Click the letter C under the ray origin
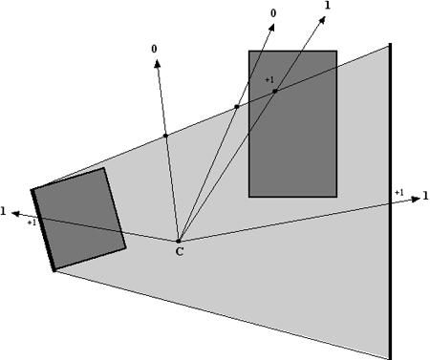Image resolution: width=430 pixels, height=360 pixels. (x=179, y=252)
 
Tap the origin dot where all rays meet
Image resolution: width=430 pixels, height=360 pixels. (x=179, y=241)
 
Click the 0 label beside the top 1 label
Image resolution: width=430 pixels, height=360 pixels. (x=274, y=12)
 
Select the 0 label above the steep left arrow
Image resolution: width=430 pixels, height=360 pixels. (x=154, y=47)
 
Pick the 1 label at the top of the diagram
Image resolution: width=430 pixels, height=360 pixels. (x=328, y=6)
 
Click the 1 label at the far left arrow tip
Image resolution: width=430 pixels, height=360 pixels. (x=5, y=211)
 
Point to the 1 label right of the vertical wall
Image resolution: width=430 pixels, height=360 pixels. (x=424, y=196)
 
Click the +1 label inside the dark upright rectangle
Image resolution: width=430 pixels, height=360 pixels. (x=269, y=79)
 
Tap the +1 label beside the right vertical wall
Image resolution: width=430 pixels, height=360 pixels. (x=398, y=193)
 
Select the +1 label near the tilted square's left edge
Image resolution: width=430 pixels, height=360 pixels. (x=32, y=222)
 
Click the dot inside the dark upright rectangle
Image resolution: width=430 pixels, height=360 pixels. (x=274, y=91)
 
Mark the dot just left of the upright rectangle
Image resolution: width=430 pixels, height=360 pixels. (x=236, y=107)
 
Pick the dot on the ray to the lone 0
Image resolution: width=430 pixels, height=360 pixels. (x=165, y=136)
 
